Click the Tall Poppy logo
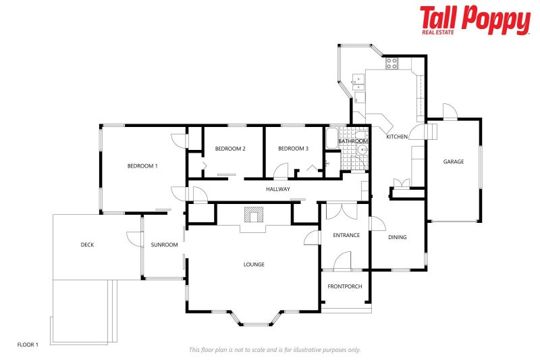coord(475,20)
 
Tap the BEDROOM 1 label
coord(142,165)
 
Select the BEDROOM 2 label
coord(230,149)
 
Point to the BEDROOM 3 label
coord(293,149)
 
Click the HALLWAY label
coord(277,189)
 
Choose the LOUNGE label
coord(254,264)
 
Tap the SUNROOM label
coord(164,245)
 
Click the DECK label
coord(87,245)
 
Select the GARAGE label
coord(453,161)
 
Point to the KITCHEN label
coord(396,137)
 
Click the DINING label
coord(397,237)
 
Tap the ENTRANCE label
coord(346,235)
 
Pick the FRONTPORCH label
coord(345,286)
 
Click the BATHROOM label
coord(362,140)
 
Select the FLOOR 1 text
coord(28,344)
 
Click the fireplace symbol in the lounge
coord(253,215)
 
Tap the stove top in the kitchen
coord(391,63)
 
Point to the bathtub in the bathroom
coord(331,139)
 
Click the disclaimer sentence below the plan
coord(274,349)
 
